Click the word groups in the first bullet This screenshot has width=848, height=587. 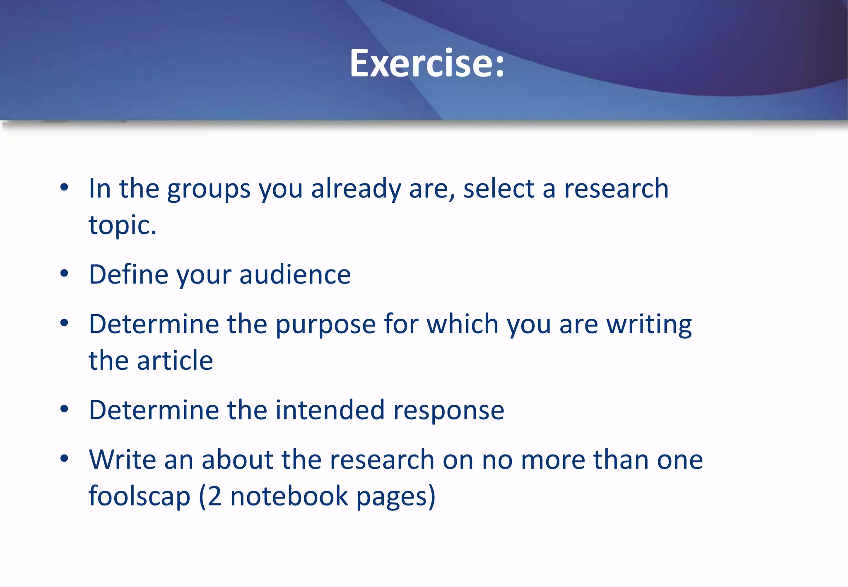209,190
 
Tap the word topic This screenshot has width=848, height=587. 123,225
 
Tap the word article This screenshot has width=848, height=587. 175,360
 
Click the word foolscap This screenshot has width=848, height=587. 139,496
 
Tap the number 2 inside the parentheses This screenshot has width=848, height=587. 214,496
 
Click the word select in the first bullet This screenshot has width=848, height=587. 499,189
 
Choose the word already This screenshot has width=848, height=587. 356,190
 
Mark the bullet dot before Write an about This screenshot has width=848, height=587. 64,459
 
